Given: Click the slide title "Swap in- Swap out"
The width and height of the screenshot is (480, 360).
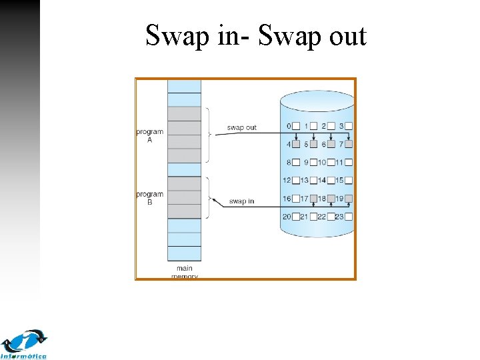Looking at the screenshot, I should pos(256,35).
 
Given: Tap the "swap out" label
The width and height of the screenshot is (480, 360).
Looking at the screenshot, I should pos(241,127).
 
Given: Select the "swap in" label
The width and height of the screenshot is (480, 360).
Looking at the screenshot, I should pos(241,201).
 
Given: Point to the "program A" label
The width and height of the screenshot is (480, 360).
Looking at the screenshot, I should pos(149,135).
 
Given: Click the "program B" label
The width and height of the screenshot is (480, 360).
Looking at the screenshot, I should pos(149,198).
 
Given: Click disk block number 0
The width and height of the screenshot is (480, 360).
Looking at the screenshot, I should pos(289,126).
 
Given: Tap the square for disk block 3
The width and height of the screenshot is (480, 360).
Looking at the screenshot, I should pos(348,126).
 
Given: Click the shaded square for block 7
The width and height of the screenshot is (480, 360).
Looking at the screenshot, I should pos(348,144).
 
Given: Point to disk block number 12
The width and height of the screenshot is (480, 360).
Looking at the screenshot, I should pos(287,180).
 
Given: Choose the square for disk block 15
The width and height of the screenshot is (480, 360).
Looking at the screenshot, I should pos(348,180).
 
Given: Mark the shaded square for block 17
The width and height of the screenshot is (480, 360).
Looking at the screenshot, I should pos(313,198).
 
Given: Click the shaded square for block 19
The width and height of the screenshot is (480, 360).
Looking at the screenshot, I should pos(348,198).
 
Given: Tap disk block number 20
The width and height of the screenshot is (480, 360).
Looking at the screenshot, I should pos(287,216).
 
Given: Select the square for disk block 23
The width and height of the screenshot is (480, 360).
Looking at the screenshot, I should pos(348,216).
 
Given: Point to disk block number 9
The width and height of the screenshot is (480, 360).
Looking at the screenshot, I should pos(306,162).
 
